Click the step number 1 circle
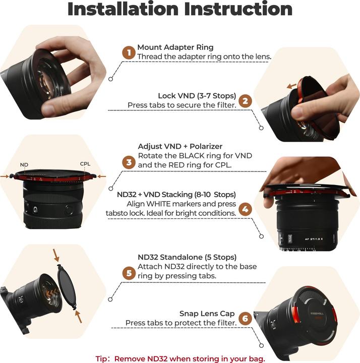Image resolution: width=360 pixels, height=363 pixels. pos(129,52)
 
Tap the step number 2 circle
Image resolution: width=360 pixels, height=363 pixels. pos(245,100)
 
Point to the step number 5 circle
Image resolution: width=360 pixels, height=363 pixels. pos(129,273)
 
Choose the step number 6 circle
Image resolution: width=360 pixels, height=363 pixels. pos(245,318)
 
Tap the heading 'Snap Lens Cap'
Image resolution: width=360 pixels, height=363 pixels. pos(208,313)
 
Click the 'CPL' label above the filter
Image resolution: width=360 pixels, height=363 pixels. pos(85,164)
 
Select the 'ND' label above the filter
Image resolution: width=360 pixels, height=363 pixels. pos(24,165)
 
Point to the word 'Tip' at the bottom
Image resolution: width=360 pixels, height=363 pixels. pos(102,358)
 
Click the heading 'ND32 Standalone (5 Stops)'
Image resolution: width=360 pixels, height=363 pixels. pos(187,258)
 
